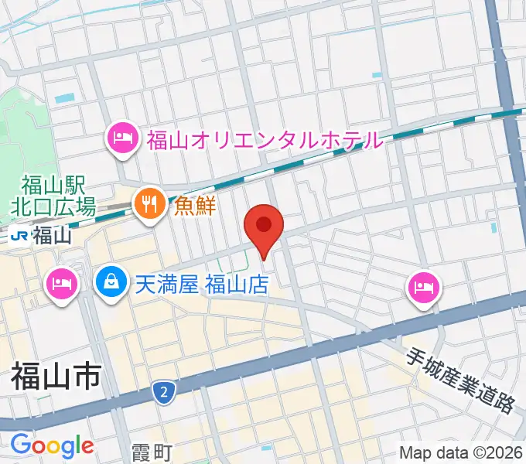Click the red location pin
(264, 227)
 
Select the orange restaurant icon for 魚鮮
(146, 204)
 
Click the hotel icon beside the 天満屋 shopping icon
(61, 283)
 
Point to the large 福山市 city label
(55, 379)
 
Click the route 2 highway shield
(162, 392)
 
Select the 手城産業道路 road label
(461, 379)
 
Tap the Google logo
(52, 445)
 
